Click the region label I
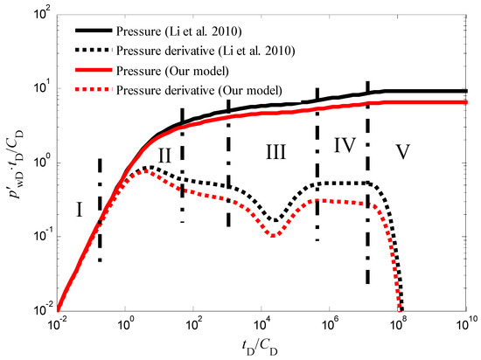click(79, 210)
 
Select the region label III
click(276, 153)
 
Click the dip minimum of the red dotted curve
click(274, 236)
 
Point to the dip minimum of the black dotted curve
click(274, 221)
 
